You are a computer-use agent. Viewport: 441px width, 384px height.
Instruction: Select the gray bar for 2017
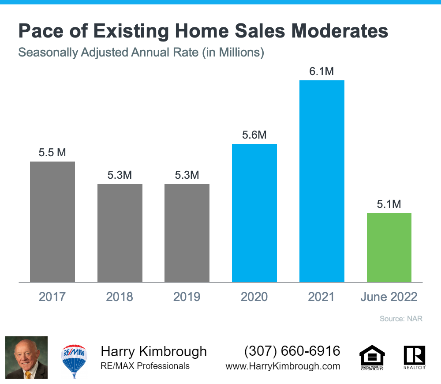point(52,222)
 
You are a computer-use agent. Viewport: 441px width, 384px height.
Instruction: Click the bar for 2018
point(120,233)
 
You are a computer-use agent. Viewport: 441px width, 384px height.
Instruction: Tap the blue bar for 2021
point(322,181)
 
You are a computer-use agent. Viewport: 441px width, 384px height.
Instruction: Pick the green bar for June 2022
point(389,248)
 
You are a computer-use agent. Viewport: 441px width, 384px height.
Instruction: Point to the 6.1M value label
point(321,71)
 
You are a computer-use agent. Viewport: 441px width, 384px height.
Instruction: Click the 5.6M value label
point(254,135)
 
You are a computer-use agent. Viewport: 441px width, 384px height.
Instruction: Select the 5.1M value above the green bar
point(389,204)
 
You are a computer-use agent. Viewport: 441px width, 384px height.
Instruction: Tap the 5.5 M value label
point(52,153)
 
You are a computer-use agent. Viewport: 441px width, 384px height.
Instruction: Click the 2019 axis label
point(187,297)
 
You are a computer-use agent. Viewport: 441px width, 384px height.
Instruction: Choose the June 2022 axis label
point(389,297)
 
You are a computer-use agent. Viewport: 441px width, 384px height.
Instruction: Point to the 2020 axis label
point(254,297)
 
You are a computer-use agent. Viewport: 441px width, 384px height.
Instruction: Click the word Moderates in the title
point(340,31)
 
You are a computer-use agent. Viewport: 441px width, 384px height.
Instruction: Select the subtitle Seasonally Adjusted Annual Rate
point(108,53)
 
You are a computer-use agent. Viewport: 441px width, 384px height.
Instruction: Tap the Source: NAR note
point(401,319)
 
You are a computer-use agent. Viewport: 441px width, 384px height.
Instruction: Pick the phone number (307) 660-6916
point(292,351)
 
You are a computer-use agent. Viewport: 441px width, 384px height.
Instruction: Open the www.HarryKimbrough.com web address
point(283,366)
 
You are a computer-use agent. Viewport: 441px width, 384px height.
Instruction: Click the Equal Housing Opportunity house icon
point(372,358)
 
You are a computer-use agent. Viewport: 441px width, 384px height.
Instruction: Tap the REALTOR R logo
point(415,357)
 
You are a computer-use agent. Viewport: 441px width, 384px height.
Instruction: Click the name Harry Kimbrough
point(154,352)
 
